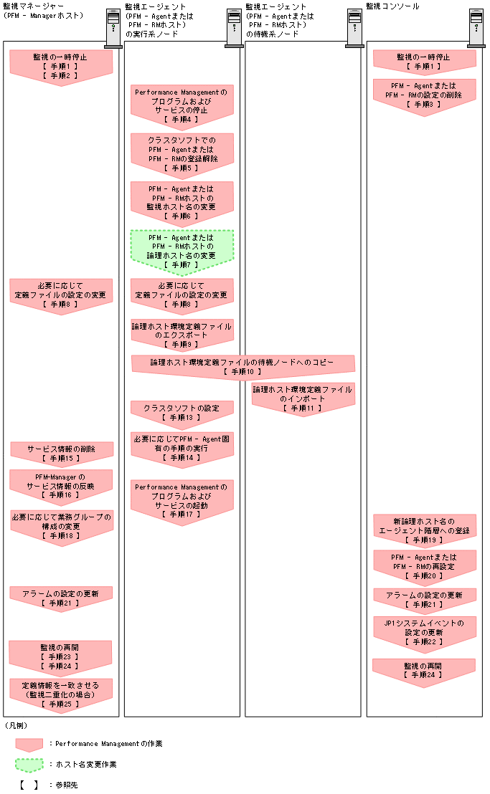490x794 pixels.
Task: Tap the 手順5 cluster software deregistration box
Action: coord(182,153)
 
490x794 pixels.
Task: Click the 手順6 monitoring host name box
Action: coord(182,201)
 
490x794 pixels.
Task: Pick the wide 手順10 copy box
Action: coord(242,367)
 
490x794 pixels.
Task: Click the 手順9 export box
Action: coord(182,335)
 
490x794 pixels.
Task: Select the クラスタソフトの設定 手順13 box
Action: coord(182,412)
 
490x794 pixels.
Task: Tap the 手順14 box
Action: coord(182,447)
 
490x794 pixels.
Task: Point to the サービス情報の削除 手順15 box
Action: coord(61,452)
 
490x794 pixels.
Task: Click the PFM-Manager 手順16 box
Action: coord(61,484)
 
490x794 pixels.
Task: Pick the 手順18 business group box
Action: coord(61,525)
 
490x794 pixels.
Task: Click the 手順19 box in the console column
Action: coord(423,529)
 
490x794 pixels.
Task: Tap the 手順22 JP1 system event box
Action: coord(423,633)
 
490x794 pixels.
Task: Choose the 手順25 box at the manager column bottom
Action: coord(61,694)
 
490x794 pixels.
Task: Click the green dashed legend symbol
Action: coord(29,765)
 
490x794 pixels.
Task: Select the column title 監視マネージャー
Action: coord(33,6)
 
